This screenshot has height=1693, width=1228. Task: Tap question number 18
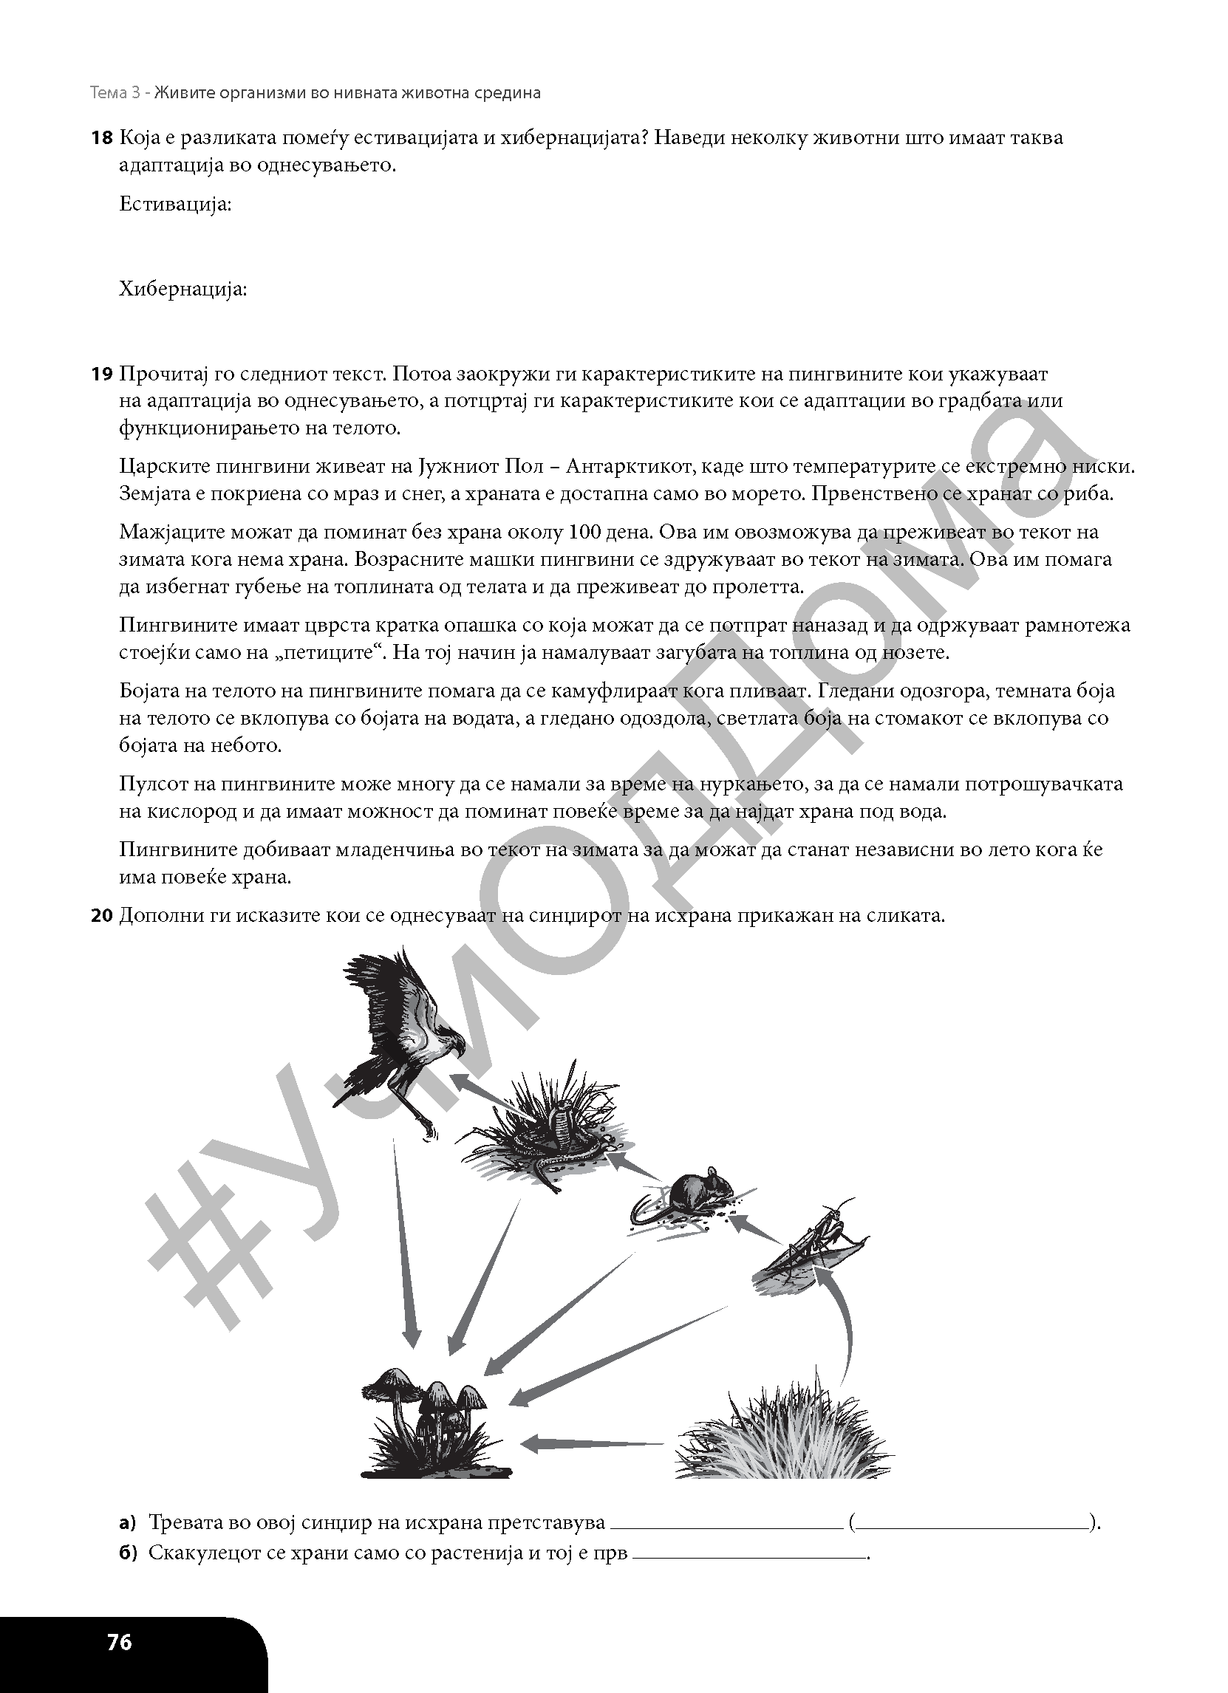100,137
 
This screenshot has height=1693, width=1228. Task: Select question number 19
100,374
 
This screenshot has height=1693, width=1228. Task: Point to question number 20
100,915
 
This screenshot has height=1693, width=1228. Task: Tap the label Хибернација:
183,289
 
